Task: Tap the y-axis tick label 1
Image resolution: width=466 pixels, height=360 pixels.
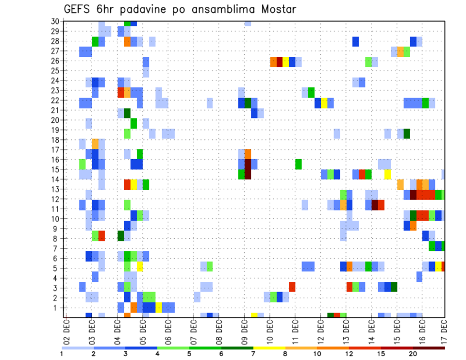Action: [x=56, y=308]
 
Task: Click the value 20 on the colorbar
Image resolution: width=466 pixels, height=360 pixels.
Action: [x=413, y=353]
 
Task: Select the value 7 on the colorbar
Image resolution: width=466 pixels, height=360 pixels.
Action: [x=253, y=353]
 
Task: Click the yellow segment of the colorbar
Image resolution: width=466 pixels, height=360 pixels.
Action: [x=269, y=347]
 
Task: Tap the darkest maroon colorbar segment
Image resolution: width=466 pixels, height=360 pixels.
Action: [x=429, y=347]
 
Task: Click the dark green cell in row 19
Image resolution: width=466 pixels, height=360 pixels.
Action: [x=407, y=133]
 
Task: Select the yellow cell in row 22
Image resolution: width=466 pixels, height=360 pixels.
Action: [x=324, y=103]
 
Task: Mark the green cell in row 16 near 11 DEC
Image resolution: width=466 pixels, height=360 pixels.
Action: [x=299, y=164]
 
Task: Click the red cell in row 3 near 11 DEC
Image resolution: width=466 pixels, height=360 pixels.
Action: [x=292, y=287]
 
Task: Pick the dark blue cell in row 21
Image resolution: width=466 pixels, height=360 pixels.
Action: [x=254, y=113]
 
